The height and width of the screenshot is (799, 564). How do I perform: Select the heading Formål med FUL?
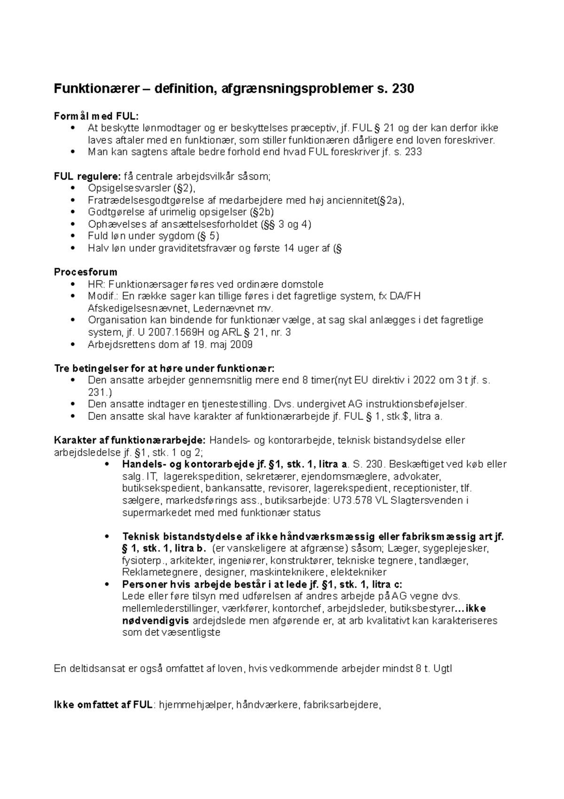click(x=96, y=116)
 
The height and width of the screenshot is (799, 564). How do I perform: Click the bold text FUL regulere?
click(x=87, y=176)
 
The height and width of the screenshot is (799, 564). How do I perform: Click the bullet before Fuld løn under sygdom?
click(x=72, y=236)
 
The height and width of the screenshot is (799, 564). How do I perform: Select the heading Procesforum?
click(x=86, y=272)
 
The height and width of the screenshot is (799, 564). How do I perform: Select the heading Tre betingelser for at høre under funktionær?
click(x=164, y=368)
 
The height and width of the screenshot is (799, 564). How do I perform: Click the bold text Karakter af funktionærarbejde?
click(x=130, y=440)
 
